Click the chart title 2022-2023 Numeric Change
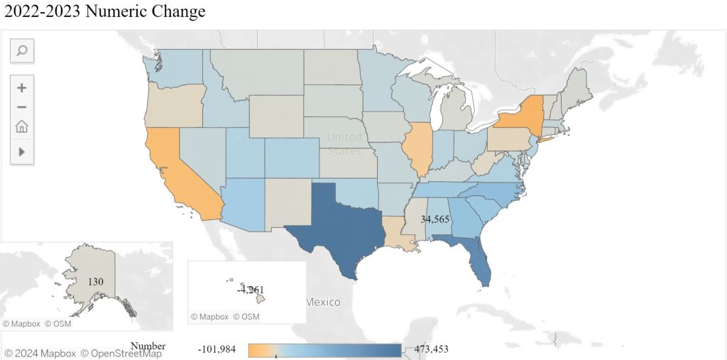point(105,12)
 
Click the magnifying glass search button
point(21,50)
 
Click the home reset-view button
point(21,126)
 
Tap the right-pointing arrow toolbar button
point(21,151)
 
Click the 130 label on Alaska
point(96,282)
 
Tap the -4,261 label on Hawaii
point(251,290)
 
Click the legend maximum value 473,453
point(426,349)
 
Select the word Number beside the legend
point(148,347)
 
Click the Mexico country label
point(322,302)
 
